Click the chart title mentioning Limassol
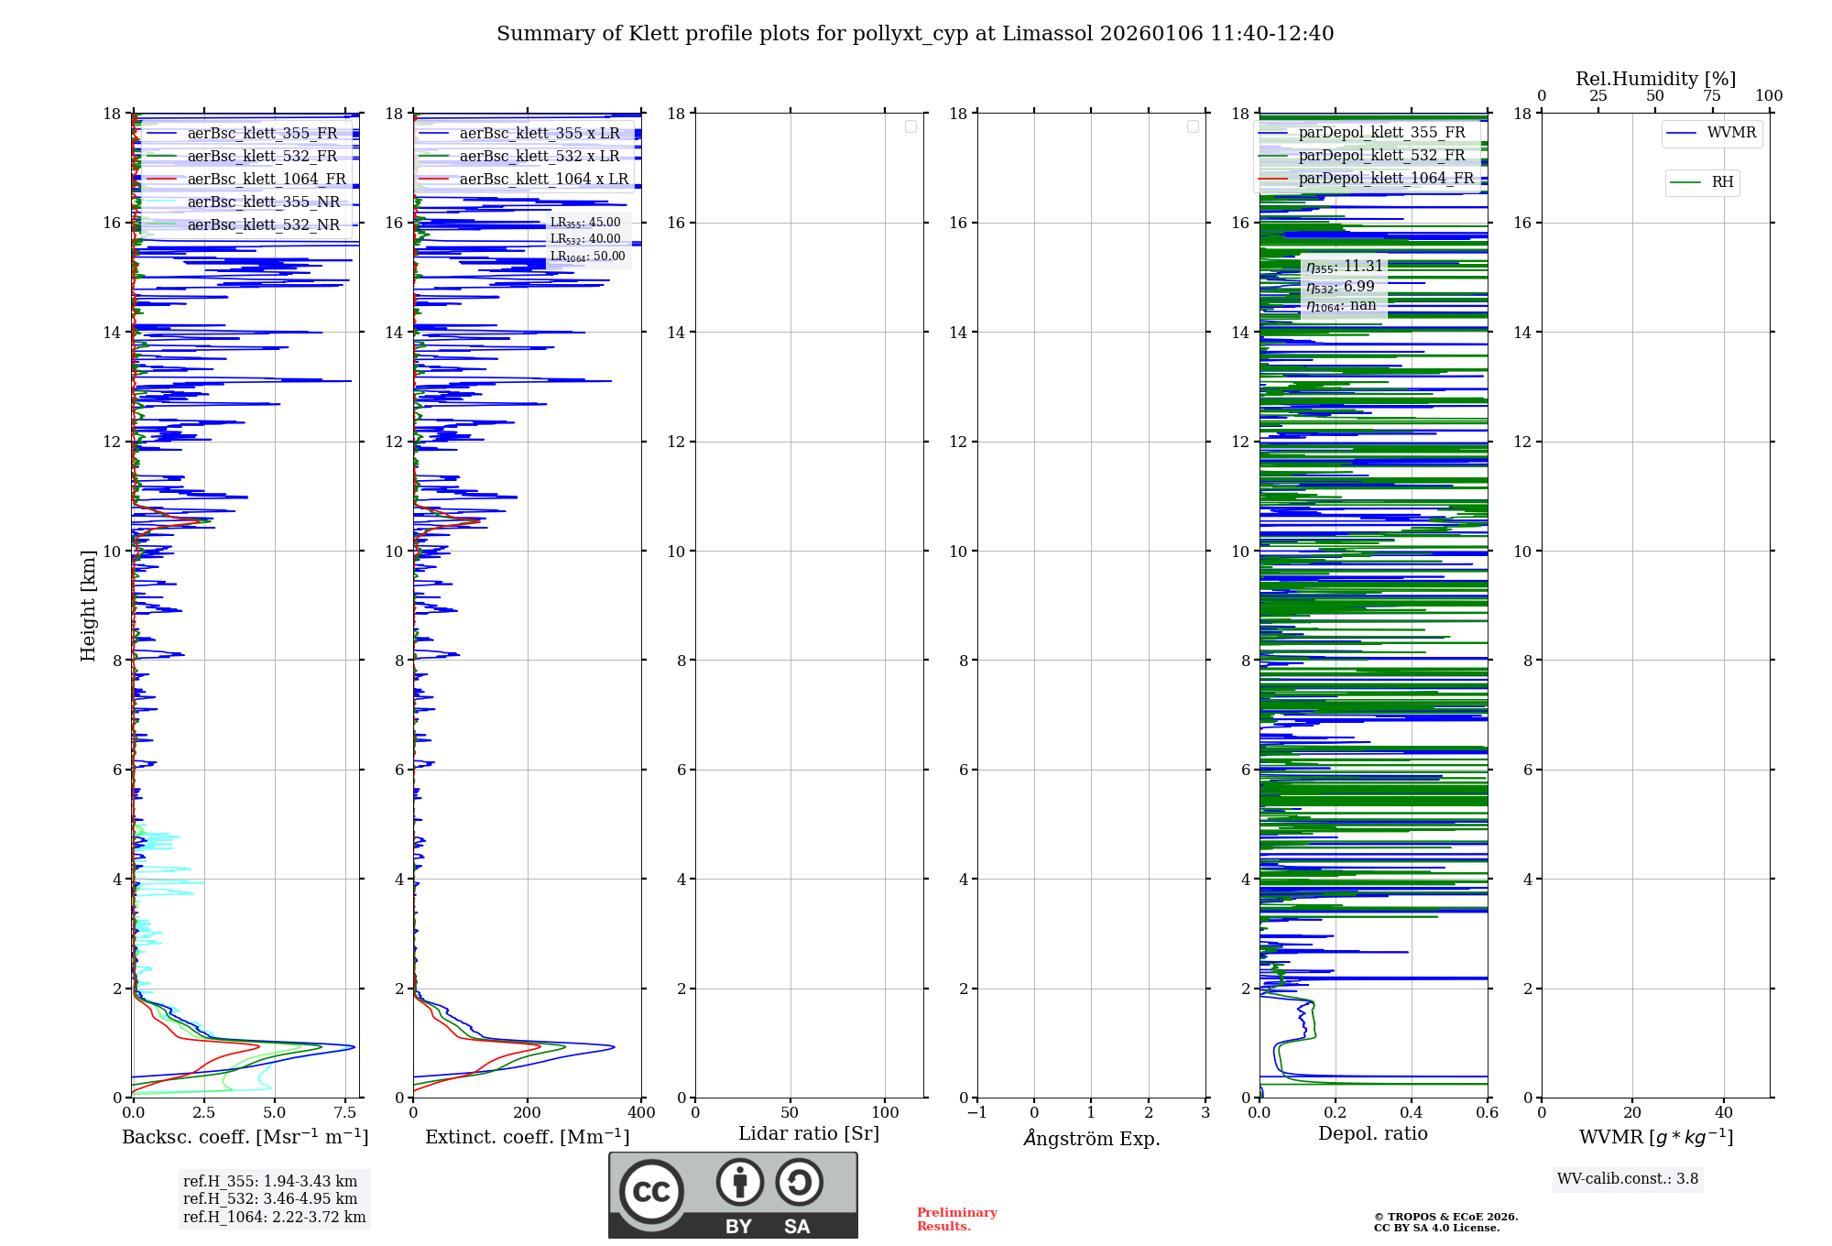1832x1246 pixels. tap(915, 34)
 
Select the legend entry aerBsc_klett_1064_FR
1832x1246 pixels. tap(266, 179)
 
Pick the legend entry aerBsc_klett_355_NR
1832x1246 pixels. tap(263, 202)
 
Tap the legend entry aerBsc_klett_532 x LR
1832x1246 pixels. tap(539, 156)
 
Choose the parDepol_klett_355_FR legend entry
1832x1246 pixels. tap(1381, 132)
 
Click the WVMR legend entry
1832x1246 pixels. tap(1730, 133)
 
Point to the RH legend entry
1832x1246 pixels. tap(1721, 182)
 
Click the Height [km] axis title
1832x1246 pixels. tap(88, 606)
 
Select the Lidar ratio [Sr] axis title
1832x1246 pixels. tap(809, 1133)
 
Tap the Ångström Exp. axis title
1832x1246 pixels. tap(1092, 1138)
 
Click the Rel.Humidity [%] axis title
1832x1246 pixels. tap(1655, 79)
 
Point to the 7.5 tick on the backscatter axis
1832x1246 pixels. tap(345, 1113)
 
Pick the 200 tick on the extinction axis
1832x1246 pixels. tap(528, 1113)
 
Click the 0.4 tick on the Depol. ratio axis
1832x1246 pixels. tap(1412, 1113)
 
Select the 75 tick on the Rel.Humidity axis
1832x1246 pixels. tap(1712, 96)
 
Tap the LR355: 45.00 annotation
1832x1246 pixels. tap(585, 223)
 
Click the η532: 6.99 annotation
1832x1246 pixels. tap(1340, 287)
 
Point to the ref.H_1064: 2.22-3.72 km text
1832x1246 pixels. tap(274, 1218)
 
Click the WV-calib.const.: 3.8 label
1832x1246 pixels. tap(1628, 1179)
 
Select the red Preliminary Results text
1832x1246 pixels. tap(956, 1219)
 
